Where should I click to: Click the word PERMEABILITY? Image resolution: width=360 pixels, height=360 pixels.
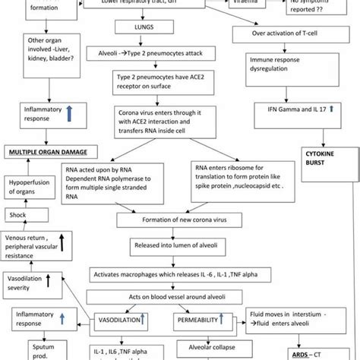click(199, 321)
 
